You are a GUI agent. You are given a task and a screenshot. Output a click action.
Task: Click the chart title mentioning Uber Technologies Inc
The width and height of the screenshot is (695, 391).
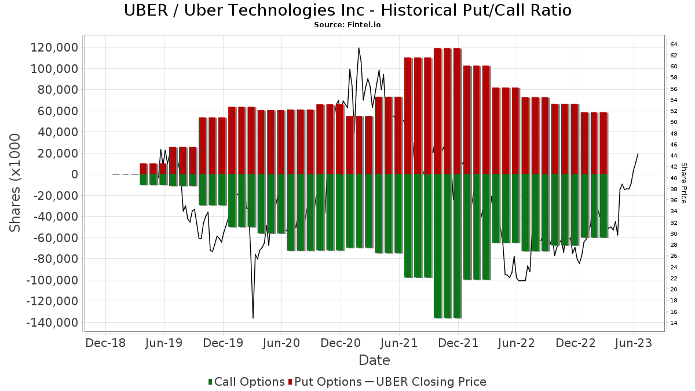click(x=348, y=10)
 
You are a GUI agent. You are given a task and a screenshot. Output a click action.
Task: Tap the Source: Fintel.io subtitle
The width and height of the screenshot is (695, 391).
click(x=348, y=25)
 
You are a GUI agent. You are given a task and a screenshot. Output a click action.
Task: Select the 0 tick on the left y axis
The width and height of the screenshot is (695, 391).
click(x=75, y=174)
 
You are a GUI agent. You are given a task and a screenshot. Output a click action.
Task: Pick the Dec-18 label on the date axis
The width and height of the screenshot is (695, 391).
click(x=105, y=343)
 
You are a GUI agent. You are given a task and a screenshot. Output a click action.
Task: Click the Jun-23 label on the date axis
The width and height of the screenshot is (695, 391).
click(x=634, y=343)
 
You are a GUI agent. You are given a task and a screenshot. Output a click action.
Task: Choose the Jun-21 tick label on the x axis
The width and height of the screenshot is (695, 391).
click(x=399, y=343)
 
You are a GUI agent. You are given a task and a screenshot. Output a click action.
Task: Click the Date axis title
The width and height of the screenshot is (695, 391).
click(x=374, y=360)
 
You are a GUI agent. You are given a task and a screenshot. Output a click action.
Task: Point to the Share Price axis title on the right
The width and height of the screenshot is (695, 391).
click(x=683, y=182)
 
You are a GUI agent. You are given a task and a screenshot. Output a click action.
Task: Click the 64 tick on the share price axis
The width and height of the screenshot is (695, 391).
click(x=674, y=45)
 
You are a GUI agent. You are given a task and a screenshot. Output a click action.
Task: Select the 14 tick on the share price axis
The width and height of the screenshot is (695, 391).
click(x=674, y=323)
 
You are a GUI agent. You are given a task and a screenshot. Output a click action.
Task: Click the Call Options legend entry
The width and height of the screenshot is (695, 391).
click(x=246, y=382)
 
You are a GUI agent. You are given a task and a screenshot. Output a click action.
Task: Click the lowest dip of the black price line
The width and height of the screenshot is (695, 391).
click(x=253, y=317)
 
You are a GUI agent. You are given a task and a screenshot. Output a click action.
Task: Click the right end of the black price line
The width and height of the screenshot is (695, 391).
click(x=638, y=154)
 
